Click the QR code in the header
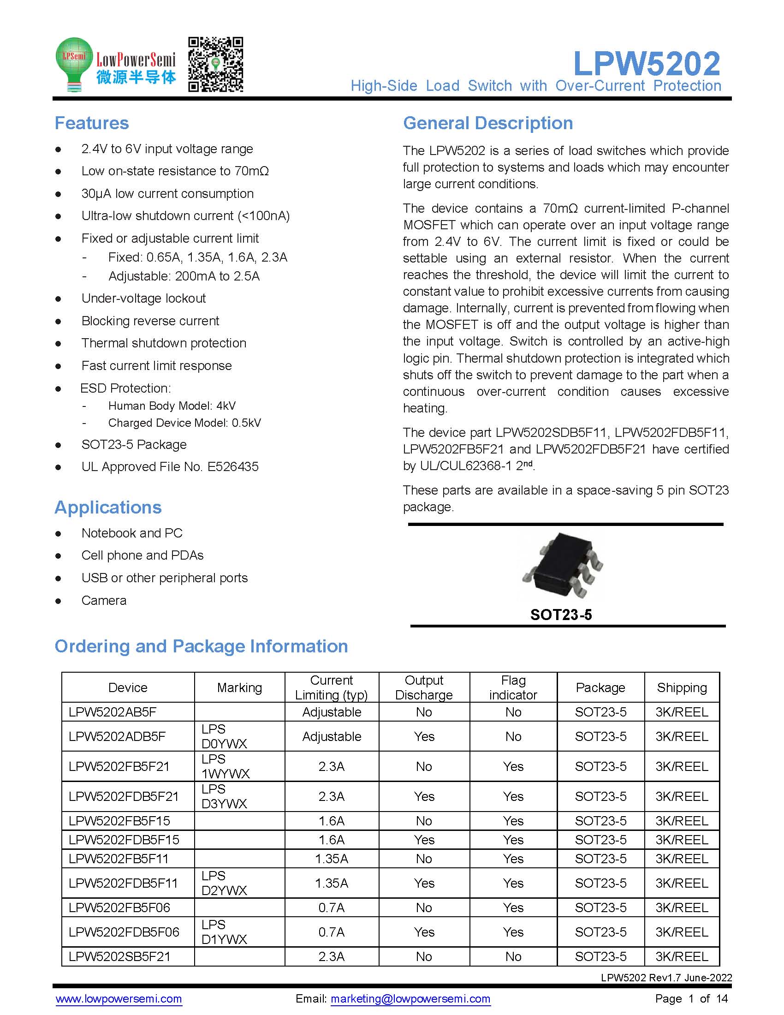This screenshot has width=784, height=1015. click(x=215, y=65)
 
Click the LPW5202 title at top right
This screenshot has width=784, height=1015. click(x=647, y=64)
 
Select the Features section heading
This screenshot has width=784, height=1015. click(x=91, y=123)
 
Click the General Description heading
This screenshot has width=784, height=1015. click(x=487, y=123)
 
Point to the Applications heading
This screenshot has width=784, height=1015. click(x=108, y=507)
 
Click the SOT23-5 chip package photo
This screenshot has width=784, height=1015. click(x=563, y=566)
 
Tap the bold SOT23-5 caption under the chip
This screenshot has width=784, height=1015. click(x=561, y=615)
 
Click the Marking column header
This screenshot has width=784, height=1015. click(x=239, y=687)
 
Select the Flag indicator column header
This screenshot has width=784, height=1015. click(x=513, y=687)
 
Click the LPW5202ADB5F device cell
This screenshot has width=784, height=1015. click(x=117, y=736)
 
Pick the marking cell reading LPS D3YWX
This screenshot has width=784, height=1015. click(x=224, y=796)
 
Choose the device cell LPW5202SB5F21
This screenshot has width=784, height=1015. click(x=119, y=956)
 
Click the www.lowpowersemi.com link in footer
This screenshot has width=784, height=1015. click(x=119, y=999)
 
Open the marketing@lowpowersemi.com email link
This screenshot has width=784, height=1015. click(x=410, y=999)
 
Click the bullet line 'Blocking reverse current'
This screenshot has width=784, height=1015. click(x=150, y=321)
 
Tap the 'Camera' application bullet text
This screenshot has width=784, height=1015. click(x=104, y=600)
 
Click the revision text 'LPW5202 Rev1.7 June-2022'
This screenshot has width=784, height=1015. click(x=666, y=977)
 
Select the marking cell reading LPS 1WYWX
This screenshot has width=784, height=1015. click(x=225, y=766)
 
